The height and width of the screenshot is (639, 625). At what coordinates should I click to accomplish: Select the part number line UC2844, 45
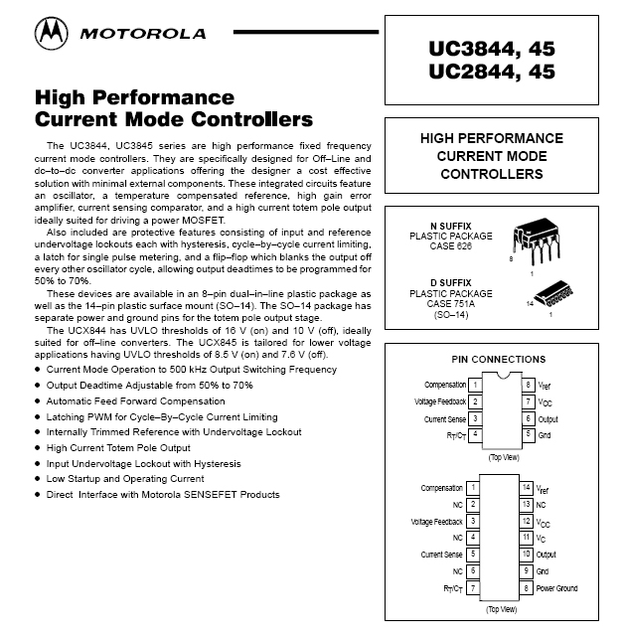[492, 72]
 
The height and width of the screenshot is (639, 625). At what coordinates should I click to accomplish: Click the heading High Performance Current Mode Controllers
[174, 109]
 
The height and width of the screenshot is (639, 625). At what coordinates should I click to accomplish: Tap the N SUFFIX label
[446, 226]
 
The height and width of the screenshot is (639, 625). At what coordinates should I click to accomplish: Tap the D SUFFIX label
[446, 281]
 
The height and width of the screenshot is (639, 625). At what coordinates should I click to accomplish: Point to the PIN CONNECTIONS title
[491, 358]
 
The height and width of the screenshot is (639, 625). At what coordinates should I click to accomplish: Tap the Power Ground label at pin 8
[556, 588]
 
